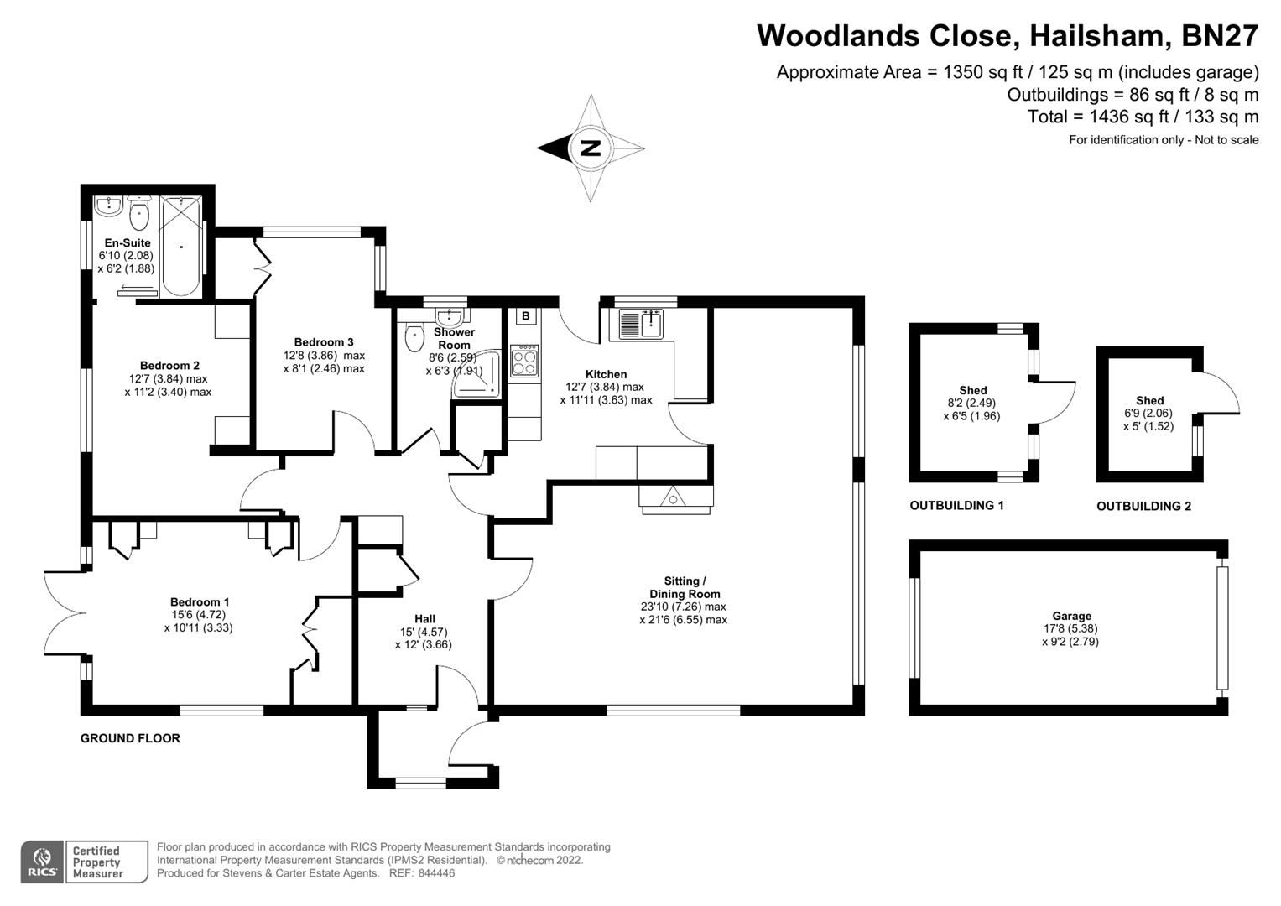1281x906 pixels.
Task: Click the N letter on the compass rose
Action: coord(591,148)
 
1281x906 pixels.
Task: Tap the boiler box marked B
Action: coord(526,316)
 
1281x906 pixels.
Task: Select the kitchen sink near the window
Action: coord(642,324)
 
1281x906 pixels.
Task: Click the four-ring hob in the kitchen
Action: coord(524,362)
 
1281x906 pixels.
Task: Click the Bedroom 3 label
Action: coord(324,342)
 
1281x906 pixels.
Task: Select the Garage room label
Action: coord(1071,616)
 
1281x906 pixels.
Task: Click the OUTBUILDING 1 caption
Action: coord(956,506)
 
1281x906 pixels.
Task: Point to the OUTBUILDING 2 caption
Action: coord(1143,507)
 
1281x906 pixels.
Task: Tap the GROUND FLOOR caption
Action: coord(130,738)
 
